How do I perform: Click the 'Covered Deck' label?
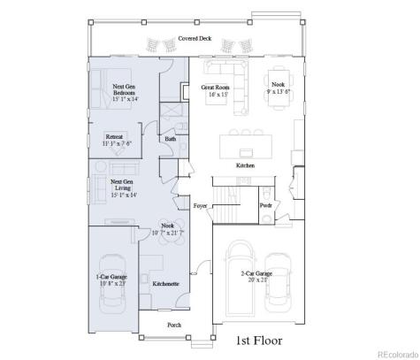pos(195,39)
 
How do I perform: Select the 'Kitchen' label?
pos(246,165)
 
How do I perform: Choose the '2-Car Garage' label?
pos(256,275)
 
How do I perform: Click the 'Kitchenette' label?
pos(165,284)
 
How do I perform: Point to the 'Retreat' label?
pos(114,138)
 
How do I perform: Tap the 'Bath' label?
pos(170,139)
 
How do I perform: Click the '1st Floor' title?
pos(256,340)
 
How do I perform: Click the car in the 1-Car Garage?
pos(112,288)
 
